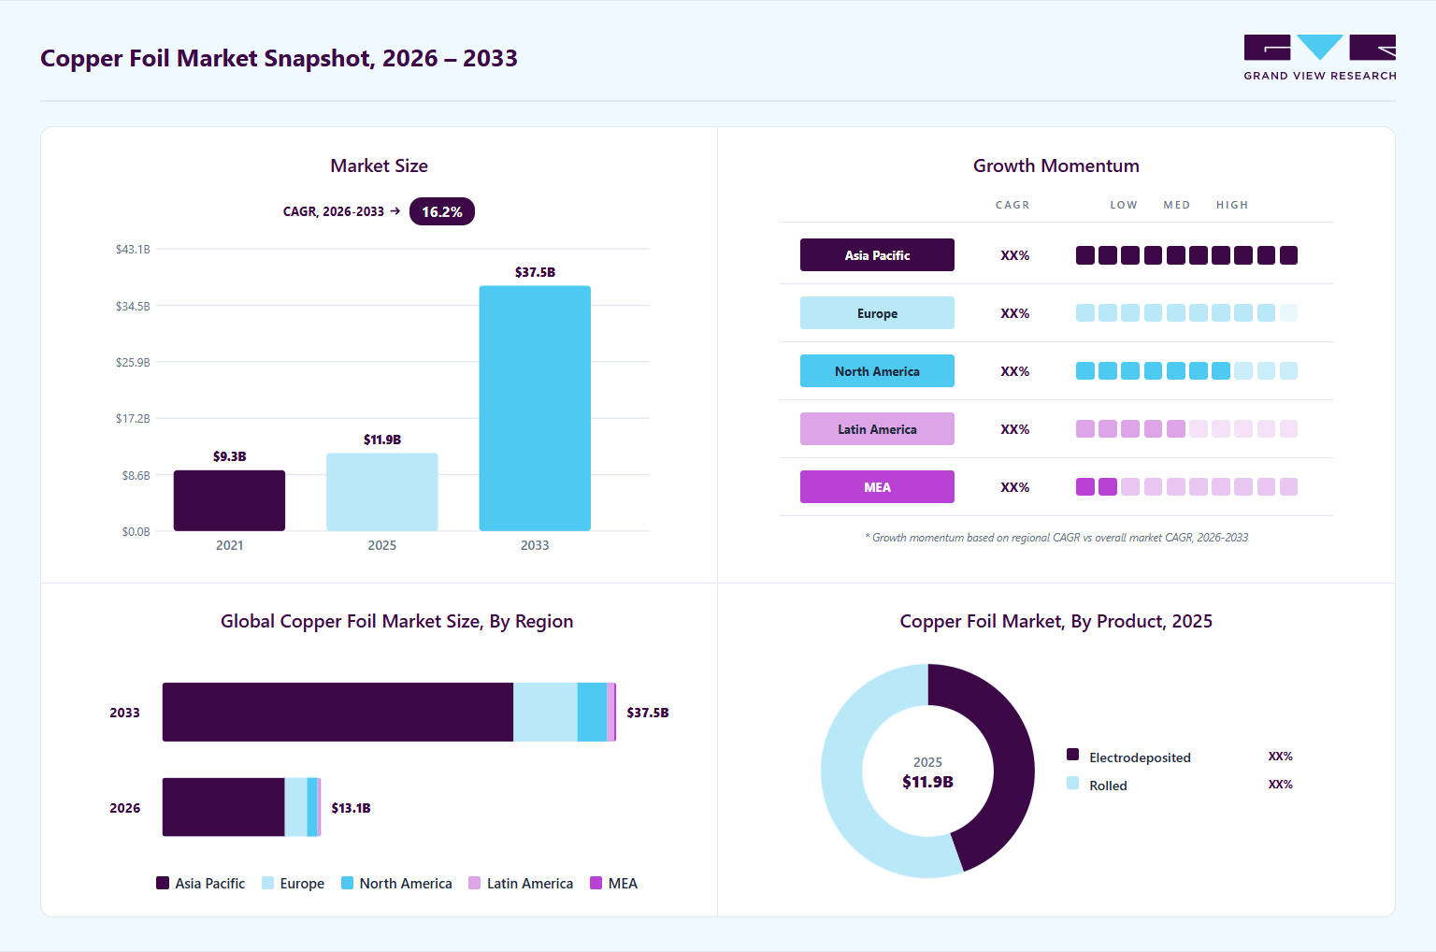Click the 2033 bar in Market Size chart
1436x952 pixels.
click(x=535, y=408)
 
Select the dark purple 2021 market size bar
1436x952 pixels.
click(x=229, y=500)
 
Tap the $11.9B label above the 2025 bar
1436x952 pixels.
click(x=382, y=440)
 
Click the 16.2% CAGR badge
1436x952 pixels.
click(x=441, y=211)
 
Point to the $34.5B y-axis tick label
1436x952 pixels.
click(x=133, y=306)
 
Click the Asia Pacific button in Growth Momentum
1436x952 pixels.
click(x=877, y=255)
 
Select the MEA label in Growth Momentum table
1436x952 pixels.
click(x=877, y=487)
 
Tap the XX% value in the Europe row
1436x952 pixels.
click(x=1014, y=313)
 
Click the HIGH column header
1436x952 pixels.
click(x=1232, y=205)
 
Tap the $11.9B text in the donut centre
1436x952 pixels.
click(x=927, y=782)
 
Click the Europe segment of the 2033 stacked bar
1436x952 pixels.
click(x=545, y=713)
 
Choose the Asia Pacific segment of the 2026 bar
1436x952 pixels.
click(x=223, y=807)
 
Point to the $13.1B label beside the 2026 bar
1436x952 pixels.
click(x=351, y=808)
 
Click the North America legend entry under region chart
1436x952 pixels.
click(x=396, y=884)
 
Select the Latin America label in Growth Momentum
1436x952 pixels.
click(x=877, y=429)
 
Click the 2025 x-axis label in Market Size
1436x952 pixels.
click(x=382, y=545)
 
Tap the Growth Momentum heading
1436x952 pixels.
click(x=1055, y=166)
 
